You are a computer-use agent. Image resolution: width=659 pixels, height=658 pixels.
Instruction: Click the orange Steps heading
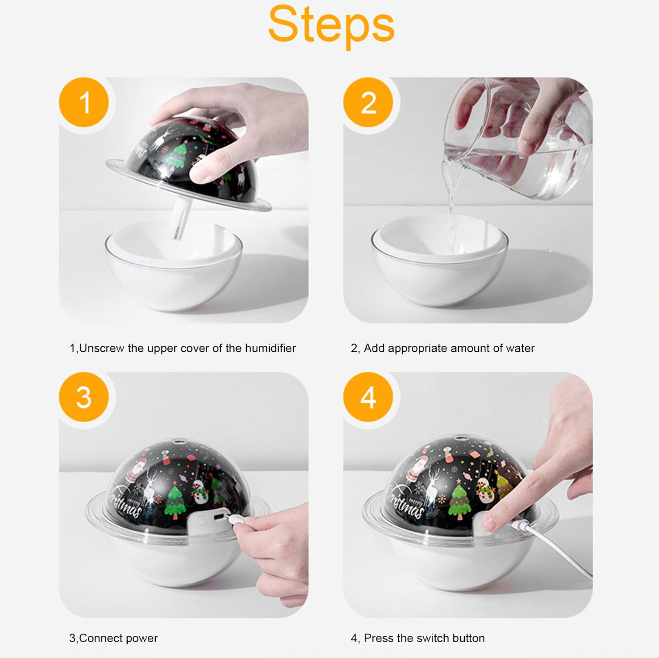(x=331, y=26)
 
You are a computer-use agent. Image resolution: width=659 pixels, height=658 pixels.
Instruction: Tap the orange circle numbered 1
(x=84, y=102)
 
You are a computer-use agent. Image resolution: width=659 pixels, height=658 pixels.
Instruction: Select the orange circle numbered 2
(x=368, y=102)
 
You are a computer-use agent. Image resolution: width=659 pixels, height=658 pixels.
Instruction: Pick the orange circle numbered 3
(x=84, y=397)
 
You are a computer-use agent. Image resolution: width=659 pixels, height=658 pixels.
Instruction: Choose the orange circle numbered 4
(x=368, y=397)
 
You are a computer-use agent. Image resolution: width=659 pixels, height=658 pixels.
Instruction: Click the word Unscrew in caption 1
(x=101, y=348)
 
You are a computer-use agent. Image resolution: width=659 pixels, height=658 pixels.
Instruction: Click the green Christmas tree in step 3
(x=174, y=501)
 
